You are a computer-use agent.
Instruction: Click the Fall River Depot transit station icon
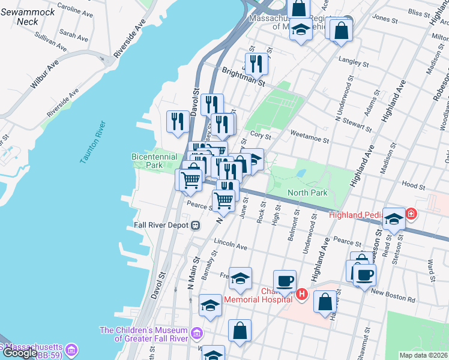click(x=195, y=226)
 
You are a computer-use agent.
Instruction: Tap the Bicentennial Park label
click(x=155, y=161)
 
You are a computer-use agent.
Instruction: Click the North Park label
click(x=307, y=193)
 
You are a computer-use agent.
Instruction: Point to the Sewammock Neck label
click(x=28, y=17)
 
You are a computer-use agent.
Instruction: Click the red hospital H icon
click(x=302, y=295)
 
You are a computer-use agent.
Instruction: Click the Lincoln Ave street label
click(x=231, y=247)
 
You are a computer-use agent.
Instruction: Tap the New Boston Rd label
click(x=393, y=292)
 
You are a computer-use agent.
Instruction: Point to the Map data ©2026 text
click(x=424, y=355)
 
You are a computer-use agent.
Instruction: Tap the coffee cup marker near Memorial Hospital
click(x=285, y=281)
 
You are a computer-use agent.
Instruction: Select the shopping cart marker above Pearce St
click(x=224, y=200)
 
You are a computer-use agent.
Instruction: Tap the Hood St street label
click(x=414, y=186)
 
